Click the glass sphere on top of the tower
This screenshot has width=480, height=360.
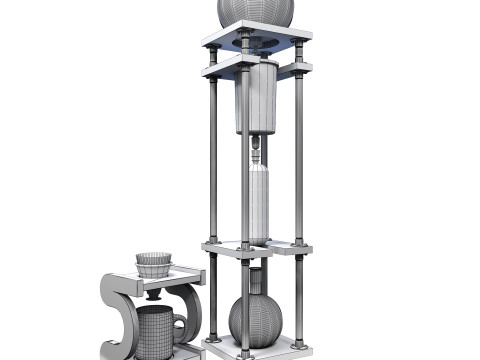[256, 11]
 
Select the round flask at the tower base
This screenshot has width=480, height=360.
[255, 319]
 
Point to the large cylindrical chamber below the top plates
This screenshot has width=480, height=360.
[256, 98]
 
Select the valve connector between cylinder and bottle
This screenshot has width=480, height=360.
[257, 149]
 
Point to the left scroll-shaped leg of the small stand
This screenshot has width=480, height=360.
[114, 315]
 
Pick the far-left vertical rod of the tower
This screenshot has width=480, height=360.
[213, 160]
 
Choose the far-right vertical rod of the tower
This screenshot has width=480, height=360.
[298, 160]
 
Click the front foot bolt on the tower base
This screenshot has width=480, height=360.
[243, 352]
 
